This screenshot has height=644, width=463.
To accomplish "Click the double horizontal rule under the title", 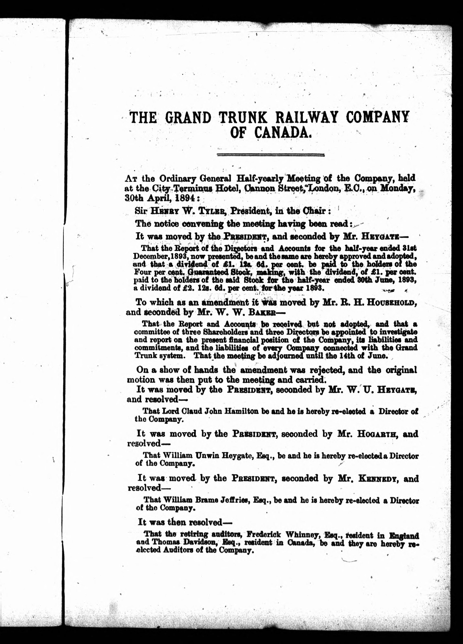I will (271, 155).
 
